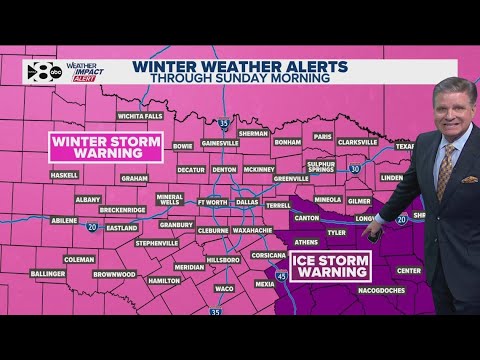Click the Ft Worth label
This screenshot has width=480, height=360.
click(213, 201)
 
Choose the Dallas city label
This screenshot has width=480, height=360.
click(247, 201)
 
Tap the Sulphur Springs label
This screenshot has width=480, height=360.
click(320, 165)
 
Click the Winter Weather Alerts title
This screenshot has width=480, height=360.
click(241, 67)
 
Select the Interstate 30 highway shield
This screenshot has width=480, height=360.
click(354, 169)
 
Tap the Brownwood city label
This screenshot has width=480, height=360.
click(115, 273)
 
